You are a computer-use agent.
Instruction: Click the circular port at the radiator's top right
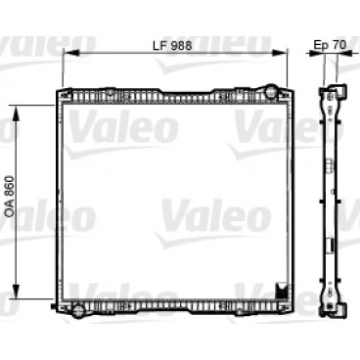[x=272, y=94]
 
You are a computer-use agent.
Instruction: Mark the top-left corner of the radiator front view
[x=58, y=90]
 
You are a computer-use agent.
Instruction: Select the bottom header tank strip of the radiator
[x=176, y=307]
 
